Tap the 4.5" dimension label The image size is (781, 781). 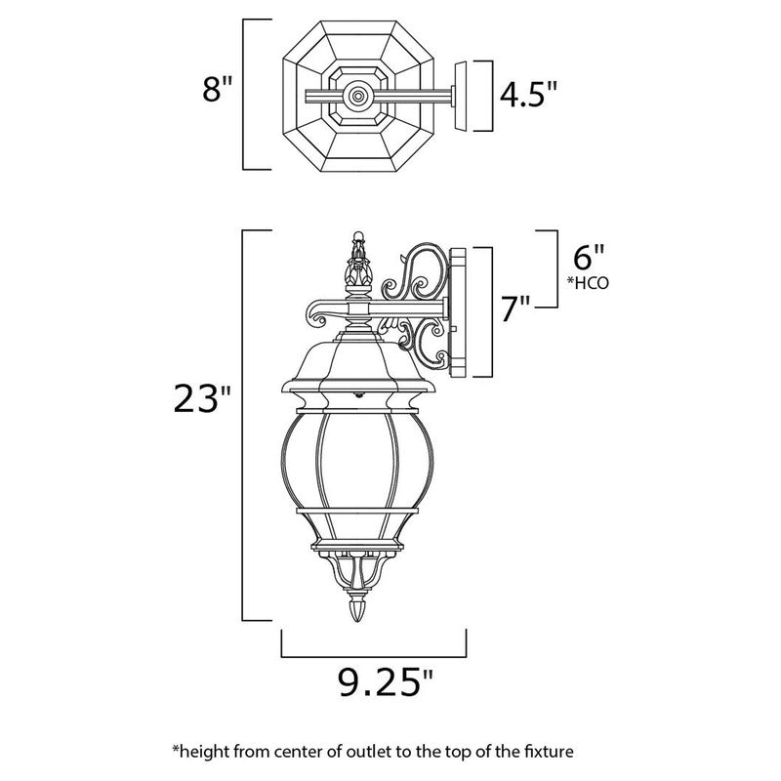tap(529, 95)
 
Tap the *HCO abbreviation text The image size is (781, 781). tap(587, 283)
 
